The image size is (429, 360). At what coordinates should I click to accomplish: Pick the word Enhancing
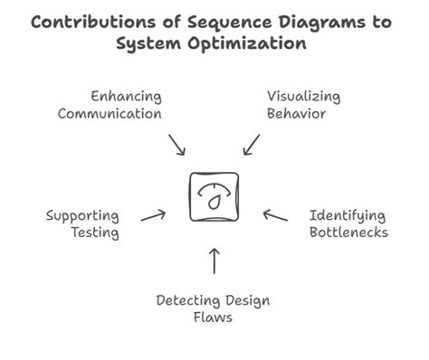pos(126,96)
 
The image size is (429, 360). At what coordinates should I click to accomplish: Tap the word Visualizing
pos(303,96)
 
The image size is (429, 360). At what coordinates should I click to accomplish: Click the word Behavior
pos(296,115)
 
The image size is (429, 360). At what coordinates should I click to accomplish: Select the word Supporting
pos(82,216)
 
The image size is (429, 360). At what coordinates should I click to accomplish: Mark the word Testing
pos(94,233)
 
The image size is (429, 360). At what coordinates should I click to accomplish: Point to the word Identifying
pos(347,216)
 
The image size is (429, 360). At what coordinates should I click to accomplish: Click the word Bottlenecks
pos(348,233)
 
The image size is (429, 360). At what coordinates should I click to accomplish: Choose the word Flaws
pos(214,318)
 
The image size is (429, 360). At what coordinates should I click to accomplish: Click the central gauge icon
pos(214,195)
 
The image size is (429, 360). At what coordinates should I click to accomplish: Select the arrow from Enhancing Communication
pos(177,144)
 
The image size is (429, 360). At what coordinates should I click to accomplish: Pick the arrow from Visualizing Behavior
pos(252,144)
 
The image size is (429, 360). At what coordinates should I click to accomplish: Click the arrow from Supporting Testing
pos(153,215)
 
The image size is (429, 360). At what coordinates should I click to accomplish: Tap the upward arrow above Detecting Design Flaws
pos(214,261)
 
